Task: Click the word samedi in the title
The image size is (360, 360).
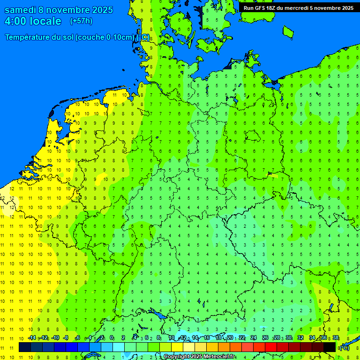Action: tap(21, 10)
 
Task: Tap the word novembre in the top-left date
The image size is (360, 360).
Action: tap(69, 10)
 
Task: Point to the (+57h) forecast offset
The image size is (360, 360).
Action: tap(81, 21)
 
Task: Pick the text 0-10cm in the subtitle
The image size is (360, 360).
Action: tap(121, 37)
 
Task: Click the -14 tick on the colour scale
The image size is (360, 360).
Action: tap(31, 338)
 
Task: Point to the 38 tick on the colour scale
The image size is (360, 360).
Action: tap(336, 338)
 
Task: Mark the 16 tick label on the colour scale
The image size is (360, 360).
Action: tap(207, 338)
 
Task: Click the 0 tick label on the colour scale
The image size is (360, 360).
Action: tap(112, 338)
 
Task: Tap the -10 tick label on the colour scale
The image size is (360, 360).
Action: tap(55, 338)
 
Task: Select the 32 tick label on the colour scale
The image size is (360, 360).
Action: tap(300, 338)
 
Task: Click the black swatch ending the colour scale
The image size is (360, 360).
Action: tap(330, 347)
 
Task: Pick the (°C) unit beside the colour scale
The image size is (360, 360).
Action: tap(344, 347)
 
